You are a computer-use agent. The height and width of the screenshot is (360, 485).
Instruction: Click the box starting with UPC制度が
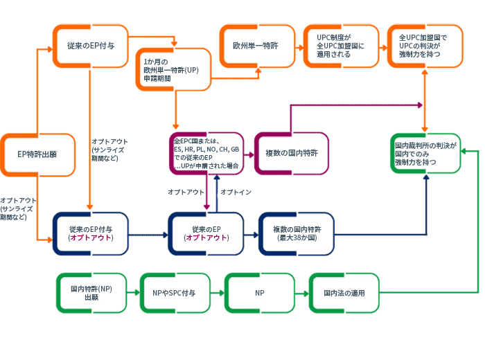tap(341, 46)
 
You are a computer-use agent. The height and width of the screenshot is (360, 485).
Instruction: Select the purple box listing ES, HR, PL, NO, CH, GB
tap(206, 153)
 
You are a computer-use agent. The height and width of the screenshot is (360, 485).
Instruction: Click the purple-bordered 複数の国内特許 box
tap(291, 153)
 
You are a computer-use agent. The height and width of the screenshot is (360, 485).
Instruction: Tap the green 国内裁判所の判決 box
tap(425, 153)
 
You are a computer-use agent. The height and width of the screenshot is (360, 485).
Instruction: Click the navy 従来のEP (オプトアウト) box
tap(206, 233)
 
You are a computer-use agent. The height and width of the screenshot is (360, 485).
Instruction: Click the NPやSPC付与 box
tap(175, 293)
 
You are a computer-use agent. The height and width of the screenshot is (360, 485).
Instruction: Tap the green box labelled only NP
tap(259, 293)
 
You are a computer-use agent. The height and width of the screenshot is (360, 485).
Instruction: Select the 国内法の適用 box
tap(344, 293)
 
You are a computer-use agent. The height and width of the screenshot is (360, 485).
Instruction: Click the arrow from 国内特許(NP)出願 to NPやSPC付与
tap(133, 294)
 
